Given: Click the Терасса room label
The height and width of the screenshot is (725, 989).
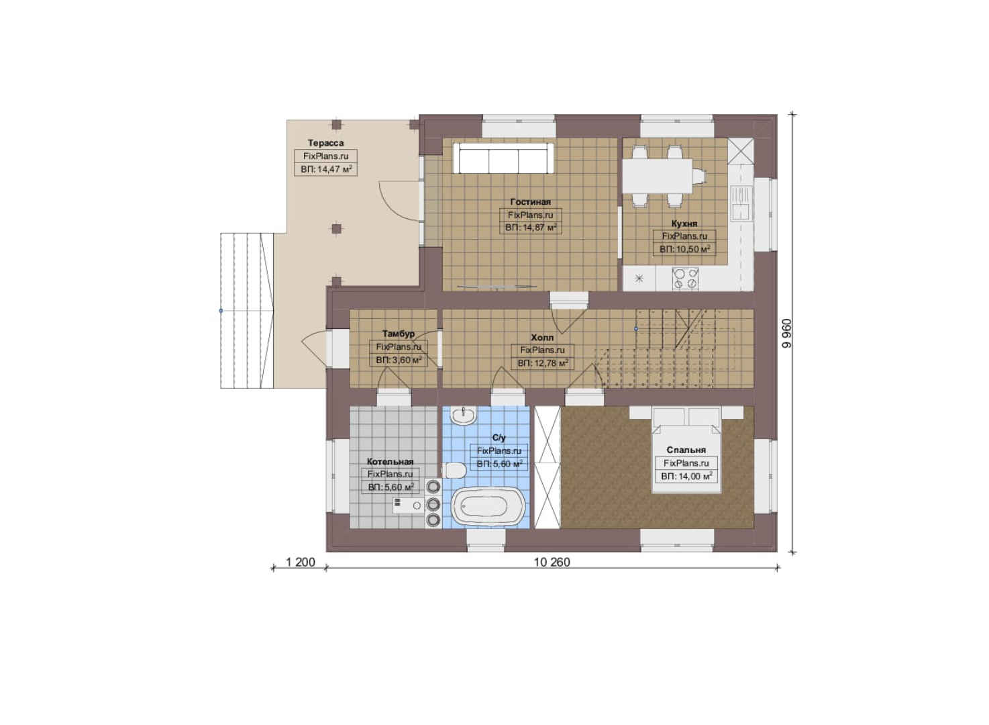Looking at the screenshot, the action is pos(325,143).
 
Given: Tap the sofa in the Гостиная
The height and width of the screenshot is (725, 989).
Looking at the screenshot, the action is pos(503,158).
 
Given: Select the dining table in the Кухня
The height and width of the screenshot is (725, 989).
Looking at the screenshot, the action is pos(657,176).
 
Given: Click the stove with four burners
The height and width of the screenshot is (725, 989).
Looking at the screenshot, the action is pos(685,279).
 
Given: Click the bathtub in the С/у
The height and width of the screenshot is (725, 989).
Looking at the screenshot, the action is pos(488,506).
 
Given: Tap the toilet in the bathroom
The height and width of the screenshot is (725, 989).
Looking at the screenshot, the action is pos(454,470).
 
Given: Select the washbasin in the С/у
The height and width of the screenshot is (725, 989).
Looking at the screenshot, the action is pos(463,416).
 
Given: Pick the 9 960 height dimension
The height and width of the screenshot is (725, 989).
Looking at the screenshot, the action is pos(786,333).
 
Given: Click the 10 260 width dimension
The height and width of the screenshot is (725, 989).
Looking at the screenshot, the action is pos(552,562).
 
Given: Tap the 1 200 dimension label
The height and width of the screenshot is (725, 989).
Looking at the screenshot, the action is pos(300,562).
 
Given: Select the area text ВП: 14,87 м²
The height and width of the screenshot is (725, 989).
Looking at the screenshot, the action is pos(531,228).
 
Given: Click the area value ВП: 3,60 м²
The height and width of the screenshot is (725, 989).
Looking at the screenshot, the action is pos(399,360).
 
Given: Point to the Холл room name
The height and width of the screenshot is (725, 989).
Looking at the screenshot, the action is pos(542,338).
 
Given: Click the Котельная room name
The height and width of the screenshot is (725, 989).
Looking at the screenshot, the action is pos(391,461).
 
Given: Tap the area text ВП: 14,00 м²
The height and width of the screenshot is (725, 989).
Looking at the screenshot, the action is pos(686,476).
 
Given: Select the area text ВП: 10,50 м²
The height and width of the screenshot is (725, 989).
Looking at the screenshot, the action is pos(685,249).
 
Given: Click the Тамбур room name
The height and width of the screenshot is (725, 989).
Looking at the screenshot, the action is pos(399,334).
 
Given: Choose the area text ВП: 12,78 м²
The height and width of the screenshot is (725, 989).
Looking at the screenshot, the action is pos(543,364).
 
